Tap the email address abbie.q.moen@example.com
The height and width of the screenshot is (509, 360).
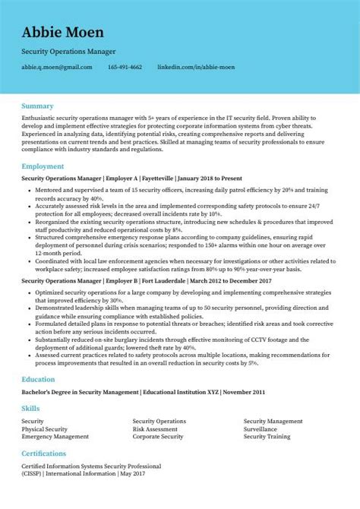(x=57, y=67)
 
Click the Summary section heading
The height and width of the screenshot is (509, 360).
(x=37, y=105)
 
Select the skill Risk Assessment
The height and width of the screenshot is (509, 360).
(x=155, y=428)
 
